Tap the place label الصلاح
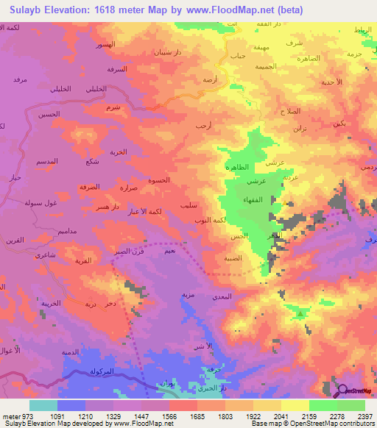tap(290, 111)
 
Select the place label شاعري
tap(46, 254)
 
